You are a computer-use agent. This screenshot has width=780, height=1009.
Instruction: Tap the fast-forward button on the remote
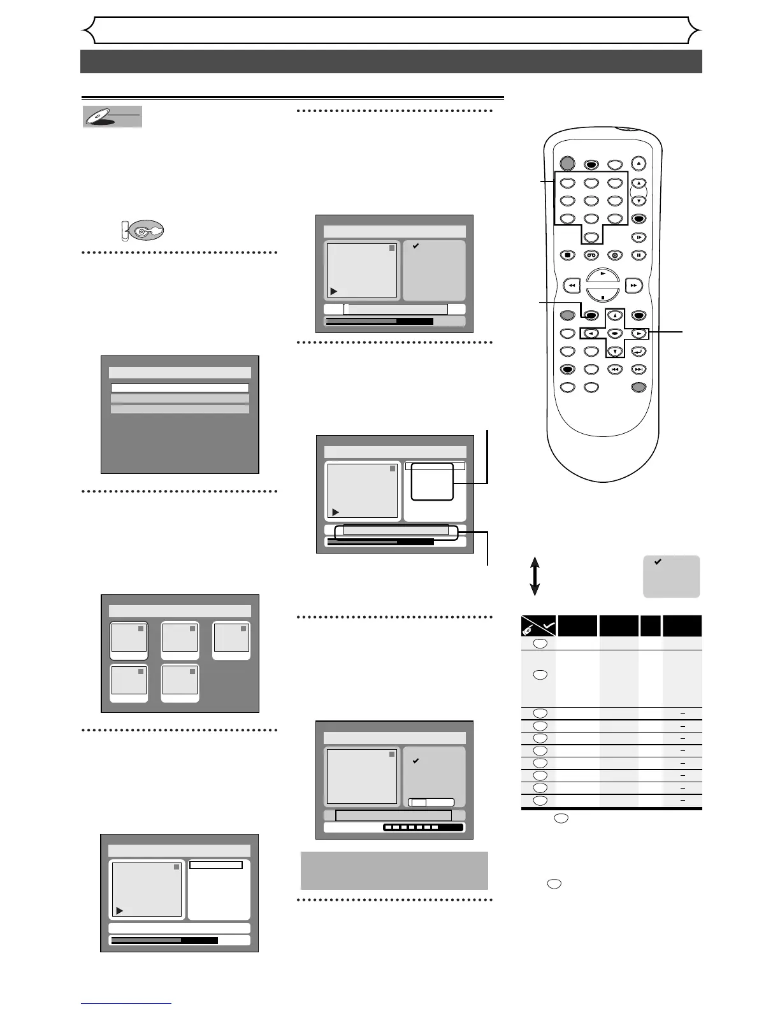633,286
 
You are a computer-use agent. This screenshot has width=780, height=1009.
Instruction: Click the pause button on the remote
639,255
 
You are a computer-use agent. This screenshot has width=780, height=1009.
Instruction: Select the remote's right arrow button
638,333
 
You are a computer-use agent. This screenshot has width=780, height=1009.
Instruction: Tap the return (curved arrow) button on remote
639,351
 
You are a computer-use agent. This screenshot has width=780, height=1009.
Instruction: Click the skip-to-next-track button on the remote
639,369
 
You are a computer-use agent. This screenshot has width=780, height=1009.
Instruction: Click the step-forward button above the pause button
639,238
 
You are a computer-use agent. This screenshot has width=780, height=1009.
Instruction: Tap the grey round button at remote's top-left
567,164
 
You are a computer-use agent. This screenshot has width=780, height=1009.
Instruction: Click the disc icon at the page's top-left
112,117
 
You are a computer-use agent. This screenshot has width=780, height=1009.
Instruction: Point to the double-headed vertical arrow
535,576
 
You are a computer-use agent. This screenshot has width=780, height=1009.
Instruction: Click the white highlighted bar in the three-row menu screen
180,387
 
